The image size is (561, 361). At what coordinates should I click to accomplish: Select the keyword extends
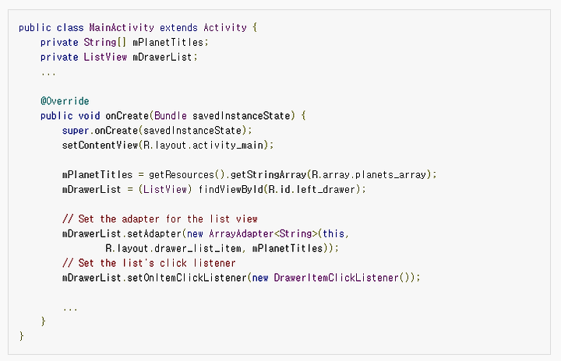(x=178, y=27)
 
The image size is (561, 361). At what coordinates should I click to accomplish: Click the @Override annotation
(x=65, y=101)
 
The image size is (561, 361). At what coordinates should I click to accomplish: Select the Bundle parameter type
(x=170, y=116)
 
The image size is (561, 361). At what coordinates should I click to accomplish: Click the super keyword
(x=75, y=130)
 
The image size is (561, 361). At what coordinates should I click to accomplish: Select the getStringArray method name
(x=261, y=174)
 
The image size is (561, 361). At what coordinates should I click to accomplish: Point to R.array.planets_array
(x=369, y=174)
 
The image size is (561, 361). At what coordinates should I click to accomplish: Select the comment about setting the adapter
(x=160, y=219)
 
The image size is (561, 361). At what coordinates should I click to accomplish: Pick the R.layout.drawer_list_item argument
(x=182, y=248)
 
